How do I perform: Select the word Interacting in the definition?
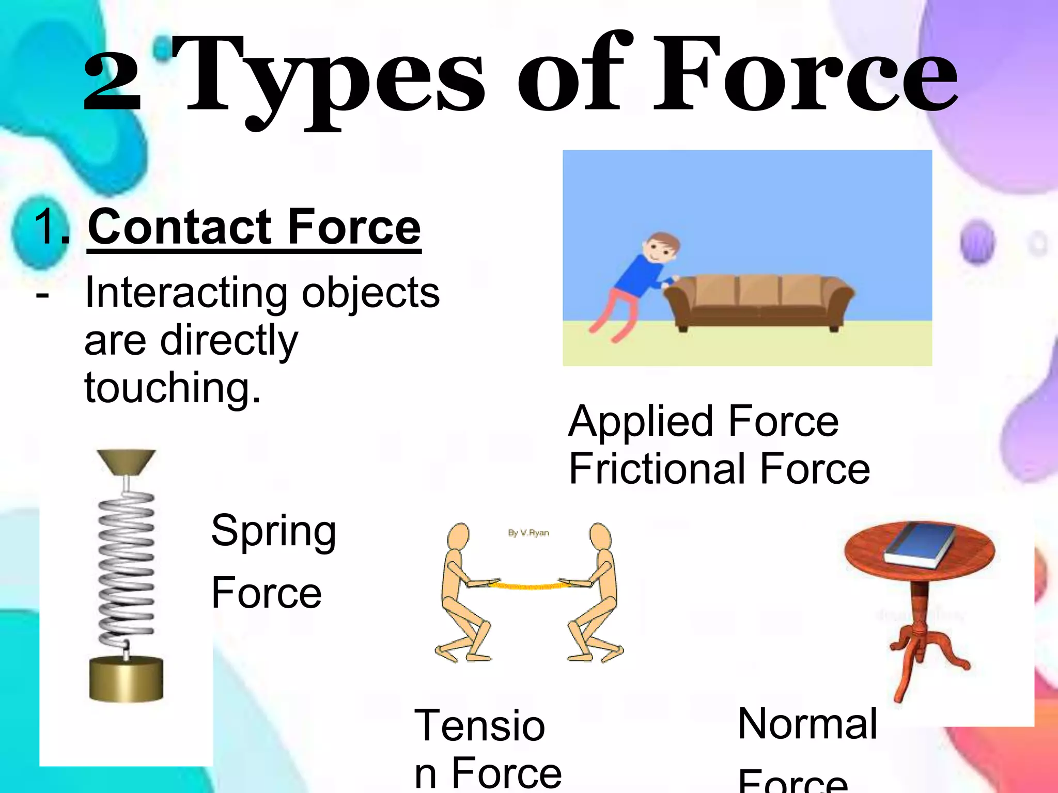pyautogui.click(x=186, y=293)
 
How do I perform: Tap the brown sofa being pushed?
pyautogui.click(x=759, y=302)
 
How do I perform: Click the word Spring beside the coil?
pyautogui.click(x=274, y=532)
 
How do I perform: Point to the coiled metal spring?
pyautogui.click(x=126, y=568)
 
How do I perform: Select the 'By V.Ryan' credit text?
pyautogui.click(x=528, y=533)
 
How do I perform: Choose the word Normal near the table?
pyautogui.click(x=807, y=724)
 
